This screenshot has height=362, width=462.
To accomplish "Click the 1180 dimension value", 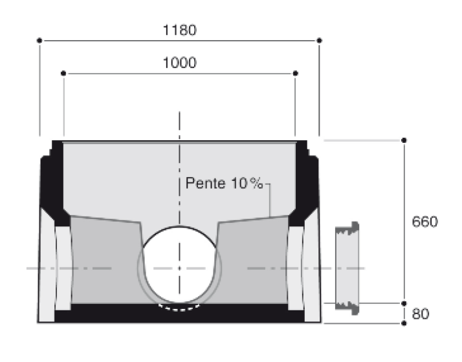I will coord(181,30).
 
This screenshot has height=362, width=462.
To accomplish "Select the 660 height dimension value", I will coord(425,222).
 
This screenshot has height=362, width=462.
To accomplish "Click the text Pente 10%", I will coord(224,184).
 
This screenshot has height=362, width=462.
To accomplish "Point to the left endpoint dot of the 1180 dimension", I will coord(40,41).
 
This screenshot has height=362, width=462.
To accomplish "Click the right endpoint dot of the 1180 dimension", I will coord(319,41).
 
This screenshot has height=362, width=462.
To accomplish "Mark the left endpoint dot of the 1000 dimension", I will coord(63,74).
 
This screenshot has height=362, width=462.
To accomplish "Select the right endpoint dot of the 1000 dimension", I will coord(296,74).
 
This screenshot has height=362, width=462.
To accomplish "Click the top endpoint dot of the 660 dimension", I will coord(404,140).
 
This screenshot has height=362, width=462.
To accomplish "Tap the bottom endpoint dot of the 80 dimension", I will coord(404,323).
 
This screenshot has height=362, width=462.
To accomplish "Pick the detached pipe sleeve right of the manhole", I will coord(346,269).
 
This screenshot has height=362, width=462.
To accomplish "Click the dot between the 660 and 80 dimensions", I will coord(404,303).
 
